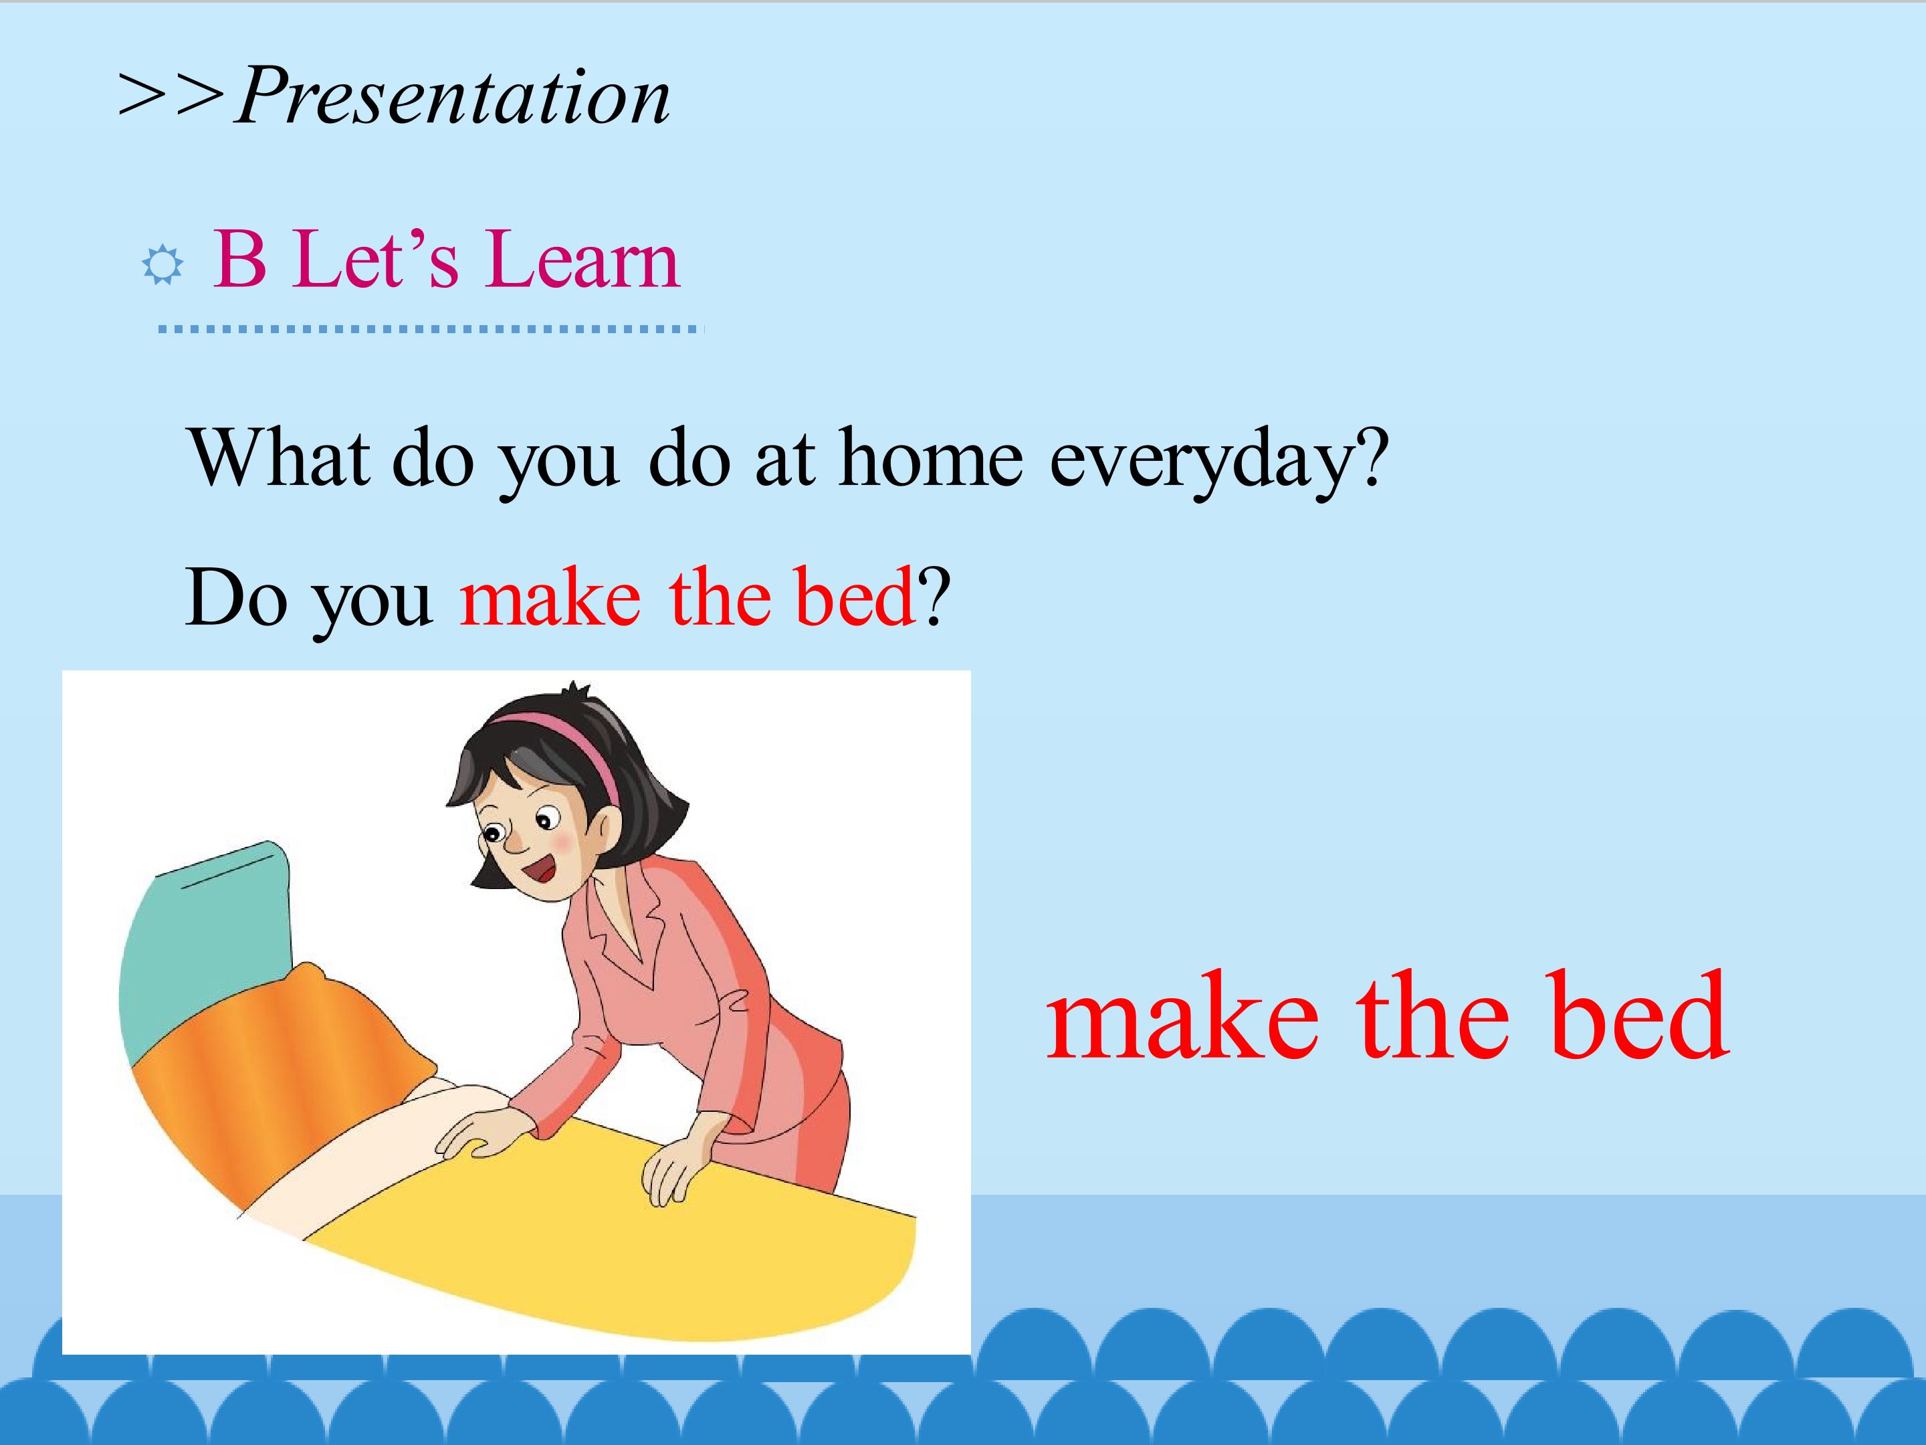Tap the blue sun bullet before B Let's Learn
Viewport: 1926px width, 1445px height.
[x=163, y=265]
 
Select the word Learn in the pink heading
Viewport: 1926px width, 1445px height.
[x=582, y=259]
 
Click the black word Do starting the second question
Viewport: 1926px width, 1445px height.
[x=236, y=597]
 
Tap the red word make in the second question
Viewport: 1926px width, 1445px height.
[x=550, y=597]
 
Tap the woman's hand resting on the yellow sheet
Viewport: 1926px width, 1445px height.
[x=671, y=1171]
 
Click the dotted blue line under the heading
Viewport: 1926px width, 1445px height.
[x=429, y=329]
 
